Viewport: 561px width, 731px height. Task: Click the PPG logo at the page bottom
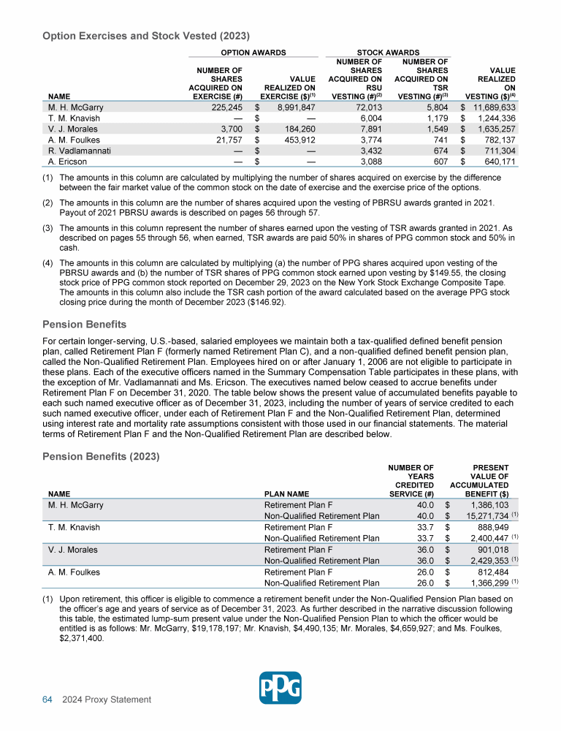(281, 687)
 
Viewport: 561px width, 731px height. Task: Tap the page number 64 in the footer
(46, 700)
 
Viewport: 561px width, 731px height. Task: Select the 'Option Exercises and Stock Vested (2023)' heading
(146, 34)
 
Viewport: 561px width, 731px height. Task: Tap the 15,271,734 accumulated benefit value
(487, 517)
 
